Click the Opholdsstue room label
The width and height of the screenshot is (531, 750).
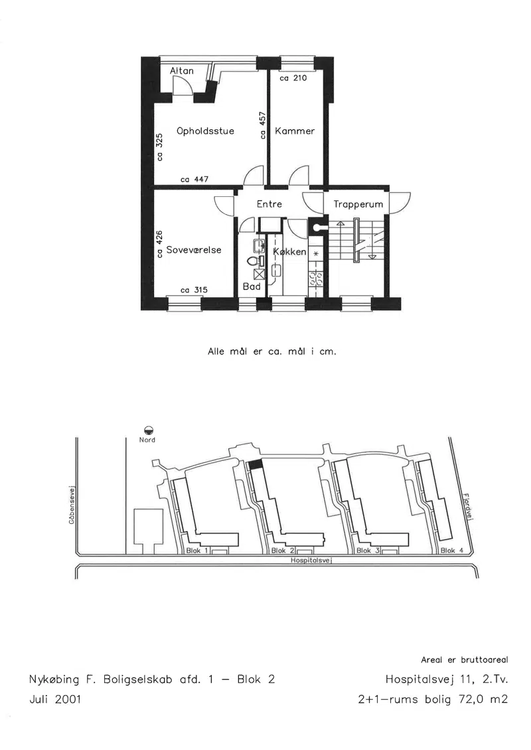click(x=205, y=131)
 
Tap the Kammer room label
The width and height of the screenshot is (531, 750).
click(x=295, y=131)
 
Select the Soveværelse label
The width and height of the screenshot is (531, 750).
click(x=194, y=250)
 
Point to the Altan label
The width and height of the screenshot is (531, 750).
click(x=182, y=71)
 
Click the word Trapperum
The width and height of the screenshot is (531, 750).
click(x=358, y=205)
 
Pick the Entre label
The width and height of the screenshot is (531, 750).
click(x=269, y=204)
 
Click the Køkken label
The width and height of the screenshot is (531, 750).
click(x=289, y=251)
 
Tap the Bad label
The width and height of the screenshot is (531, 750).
click(x=252, y=286)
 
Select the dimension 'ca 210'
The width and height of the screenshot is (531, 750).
click(x=293, y=78)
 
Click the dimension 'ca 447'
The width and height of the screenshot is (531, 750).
click(x=194, y=179)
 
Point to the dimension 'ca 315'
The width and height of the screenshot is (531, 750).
click(x=194, y=290)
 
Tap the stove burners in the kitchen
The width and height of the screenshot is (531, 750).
click(x=315, y=279)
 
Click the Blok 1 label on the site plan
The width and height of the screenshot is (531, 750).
click(x=196, y=550)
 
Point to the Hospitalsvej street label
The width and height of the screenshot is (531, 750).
click(x=312, y=560)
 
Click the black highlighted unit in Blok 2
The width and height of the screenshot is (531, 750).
click(x=255, y=464)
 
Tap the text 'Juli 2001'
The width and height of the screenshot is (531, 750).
click(x=56, y=700)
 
